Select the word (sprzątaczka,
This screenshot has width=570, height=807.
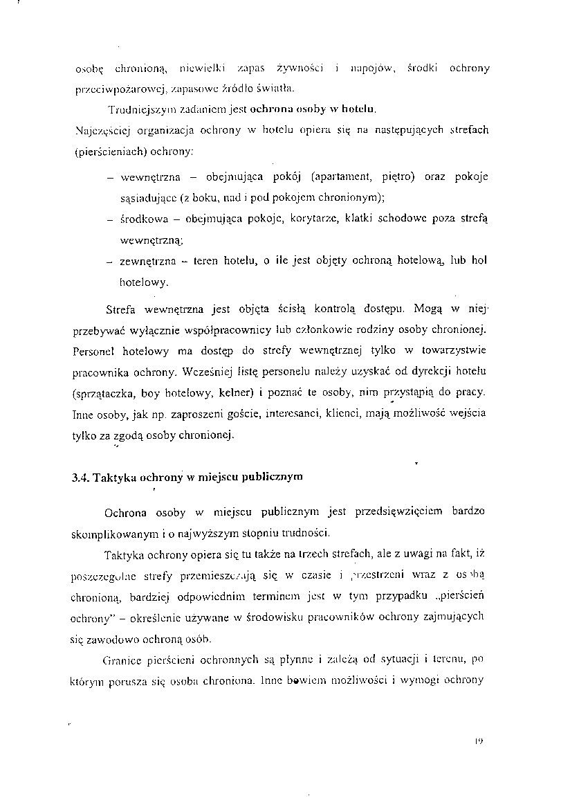pyautogui.click(x=104, y=392)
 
